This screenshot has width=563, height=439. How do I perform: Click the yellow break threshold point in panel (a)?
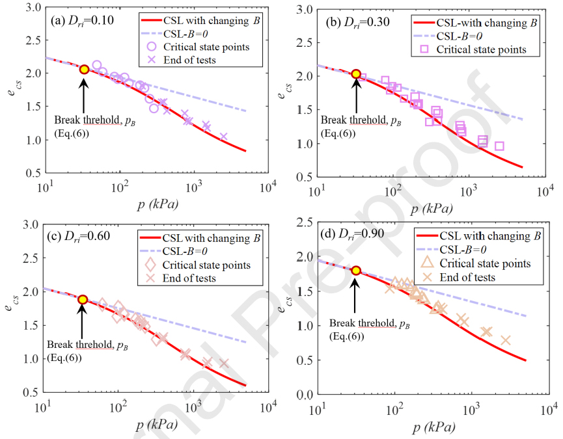[84, 70]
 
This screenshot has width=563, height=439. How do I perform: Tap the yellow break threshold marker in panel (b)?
[355, 74]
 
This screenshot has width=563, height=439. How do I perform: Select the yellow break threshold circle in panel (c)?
[83, 299]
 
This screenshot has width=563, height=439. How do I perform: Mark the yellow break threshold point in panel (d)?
[355, 271]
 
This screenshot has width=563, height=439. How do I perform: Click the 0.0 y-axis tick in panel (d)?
[304, 394]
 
